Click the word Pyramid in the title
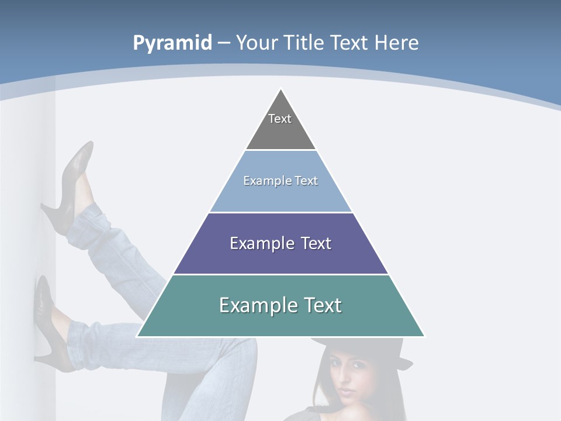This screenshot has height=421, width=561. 172,43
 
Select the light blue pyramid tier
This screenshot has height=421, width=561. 280,190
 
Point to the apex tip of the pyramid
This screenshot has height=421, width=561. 281,90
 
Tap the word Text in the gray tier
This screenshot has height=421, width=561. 280,119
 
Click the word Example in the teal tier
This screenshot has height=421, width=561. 251,305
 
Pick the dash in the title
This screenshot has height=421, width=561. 223,43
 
